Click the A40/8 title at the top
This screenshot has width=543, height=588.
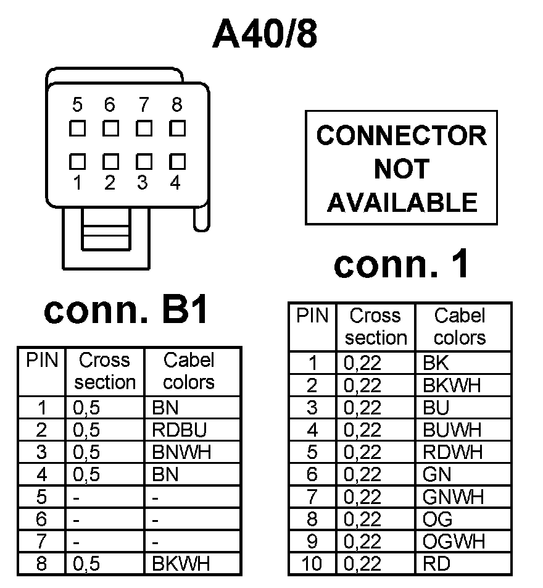tap(265, 34)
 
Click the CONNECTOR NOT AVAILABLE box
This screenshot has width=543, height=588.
tap(401, 168)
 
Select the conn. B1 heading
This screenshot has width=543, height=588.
tap(126, 311)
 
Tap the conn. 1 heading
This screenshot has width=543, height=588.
tap(402, 264)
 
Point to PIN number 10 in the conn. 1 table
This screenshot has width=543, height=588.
tap(312, 563)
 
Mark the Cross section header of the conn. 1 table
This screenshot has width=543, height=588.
tap(375, 327)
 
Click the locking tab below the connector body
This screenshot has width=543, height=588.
tap(106, 230)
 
